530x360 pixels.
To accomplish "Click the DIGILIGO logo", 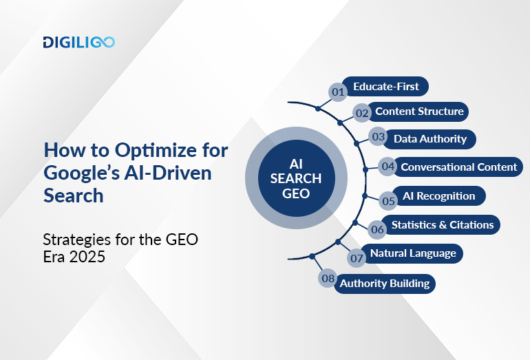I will click(x=78, y=42).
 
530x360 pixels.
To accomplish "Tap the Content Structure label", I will click(x=419, y=111).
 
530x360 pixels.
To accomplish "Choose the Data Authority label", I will click(x=430, y=138).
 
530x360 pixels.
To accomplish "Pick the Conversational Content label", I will click(x=458, y=167).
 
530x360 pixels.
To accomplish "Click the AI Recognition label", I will click(x=439, y=195).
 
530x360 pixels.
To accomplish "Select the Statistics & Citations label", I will click(x=442, y=224).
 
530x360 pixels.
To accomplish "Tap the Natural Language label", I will click(x=412, y=253).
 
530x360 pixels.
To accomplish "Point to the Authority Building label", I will click(x=384, y=283).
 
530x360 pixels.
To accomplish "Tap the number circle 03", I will click(x=378, y=137).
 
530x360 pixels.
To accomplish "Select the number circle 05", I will click(x=388, y=201).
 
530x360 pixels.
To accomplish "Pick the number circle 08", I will click(x=328, y=279).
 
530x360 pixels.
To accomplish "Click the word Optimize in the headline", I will click(x=147, y=150).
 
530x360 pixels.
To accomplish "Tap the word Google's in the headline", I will click(x=78, y=173).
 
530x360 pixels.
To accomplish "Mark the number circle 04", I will click(x=388, y=166).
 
